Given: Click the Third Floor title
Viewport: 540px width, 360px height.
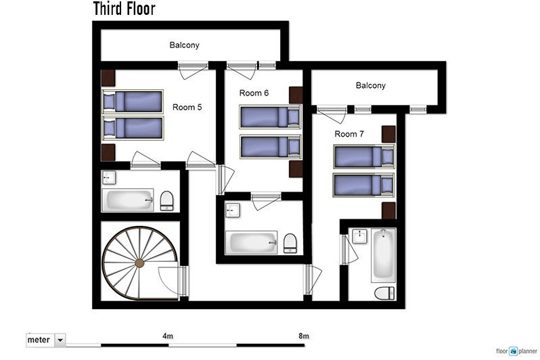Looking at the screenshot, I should (124, 9).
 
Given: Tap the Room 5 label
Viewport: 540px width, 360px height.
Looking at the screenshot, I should (187, 107).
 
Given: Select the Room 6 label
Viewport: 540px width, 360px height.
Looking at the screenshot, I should (254, 93).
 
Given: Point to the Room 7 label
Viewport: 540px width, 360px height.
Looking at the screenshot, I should (349, 134).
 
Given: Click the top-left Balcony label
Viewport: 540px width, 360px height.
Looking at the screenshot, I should (184, 45).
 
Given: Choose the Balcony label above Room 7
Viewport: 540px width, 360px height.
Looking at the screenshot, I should (370, 85).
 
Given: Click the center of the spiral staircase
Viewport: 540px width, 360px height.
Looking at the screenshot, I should (139, 263).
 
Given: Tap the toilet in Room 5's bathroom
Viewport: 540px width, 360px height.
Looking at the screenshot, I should (166, 199).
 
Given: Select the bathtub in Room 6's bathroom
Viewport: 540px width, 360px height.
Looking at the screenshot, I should (252, 242).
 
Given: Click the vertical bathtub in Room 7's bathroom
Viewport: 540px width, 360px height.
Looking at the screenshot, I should (383, 255).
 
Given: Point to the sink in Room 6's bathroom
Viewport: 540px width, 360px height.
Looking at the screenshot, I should (233, 210).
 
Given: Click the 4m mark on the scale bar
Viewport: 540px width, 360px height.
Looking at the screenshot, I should (168, 336).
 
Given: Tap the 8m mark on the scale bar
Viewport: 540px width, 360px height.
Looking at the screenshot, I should (303, 336).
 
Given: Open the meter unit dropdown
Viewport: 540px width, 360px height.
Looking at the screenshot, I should (60, 340).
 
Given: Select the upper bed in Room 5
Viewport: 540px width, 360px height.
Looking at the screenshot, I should (133, 102).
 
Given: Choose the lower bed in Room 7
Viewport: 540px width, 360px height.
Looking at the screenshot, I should (363, 184).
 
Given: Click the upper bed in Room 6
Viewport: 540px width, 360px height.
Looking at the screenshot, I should (270, 116).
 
